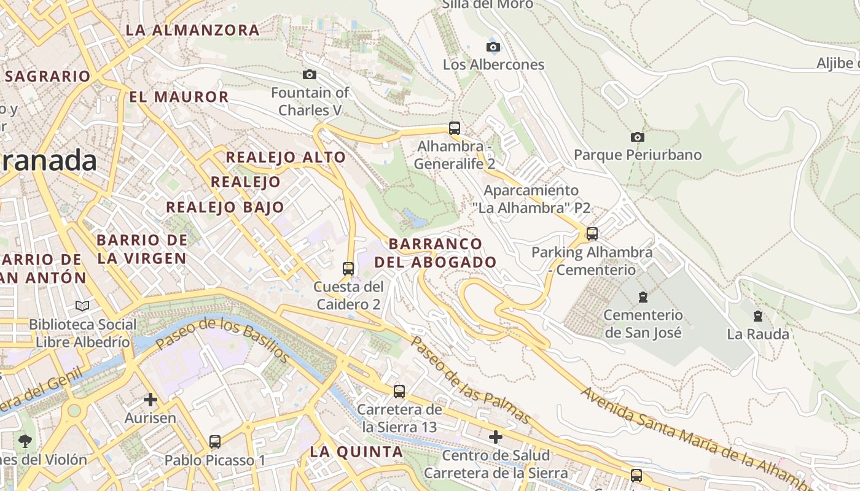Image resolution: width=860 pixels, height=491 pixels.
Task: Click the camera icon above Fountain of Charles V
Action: pos(310,75)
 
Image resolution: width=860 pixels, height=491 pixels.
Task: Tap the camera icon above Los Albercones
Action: pos(493,47)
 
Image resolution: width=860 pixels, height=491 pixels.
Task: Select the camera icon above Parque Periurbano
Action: pos(638,137)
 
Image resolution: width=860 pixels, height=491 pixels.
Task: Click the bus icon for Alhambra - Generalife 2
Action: pos(455,128)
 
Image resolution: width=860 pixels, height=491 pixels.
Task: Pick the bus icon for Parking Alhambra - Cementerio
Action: pos(592,234)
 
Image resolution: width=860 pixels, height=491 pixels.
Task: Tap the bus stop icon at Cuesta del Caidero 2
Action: pos(348,269)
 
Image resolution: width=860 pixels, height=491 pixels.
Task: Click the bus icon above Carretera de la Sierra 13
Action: pos(399,392)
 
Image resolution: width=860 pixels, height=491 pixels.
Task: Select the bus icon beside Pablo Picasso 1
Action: pos(215,442)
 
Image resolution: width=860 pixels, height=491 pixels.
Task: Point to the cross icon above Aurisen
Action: pos(150,400)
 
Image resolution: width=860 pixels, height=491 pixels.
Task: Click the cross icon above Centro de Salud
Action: pos(496,437)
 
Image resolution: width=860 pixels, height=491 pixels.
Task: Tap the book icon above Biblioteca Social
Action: pos(82,306)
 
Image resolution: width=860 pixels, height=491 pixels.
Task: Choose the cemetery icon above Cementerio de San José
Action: pos(643,297)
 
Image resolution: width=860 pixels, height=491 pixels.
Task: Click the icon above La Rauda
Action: pos(758,316)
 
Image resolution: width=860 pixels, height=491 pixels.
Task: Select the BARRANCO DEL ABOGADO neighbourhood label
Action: pos(436,253)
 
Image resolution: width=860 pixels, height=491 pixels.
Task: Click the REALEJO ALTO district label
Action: pos(286,157)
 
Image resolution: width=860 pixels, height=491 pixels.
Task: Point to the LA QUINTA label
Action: pos(356,452)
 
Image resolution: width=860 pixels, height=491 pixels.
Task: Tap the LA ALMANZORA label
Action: pos(192,29)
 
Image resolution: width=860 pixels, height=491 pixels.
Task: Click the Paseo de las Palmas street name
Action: pos(470,379)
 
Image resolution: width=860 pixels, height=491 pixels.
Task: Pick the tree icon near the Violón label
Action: pos(26,441)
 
